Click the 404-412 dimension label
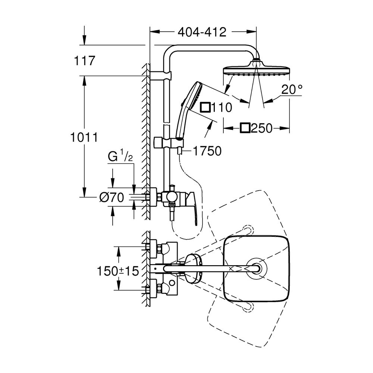pyautogui.click(x=202, y=32)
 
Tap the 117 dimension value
pyautogui.click(x=85, y=60)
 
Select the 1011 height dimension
pyautogui.click(x=84, y=137)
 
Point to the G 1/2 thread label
pyautogui.click(x=120, y=157)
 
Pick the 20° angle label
pyautogui.click(x=292, y=90)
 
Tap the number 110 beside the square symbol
pyautogui.click(x=222, y=107)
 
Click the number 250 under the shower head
pyautogui.click(x=261, y=128)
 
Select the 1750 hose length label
pyautogui.click(x=207, y=151)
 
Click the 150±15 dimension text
pyautogui.click(x=118, y=271)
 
